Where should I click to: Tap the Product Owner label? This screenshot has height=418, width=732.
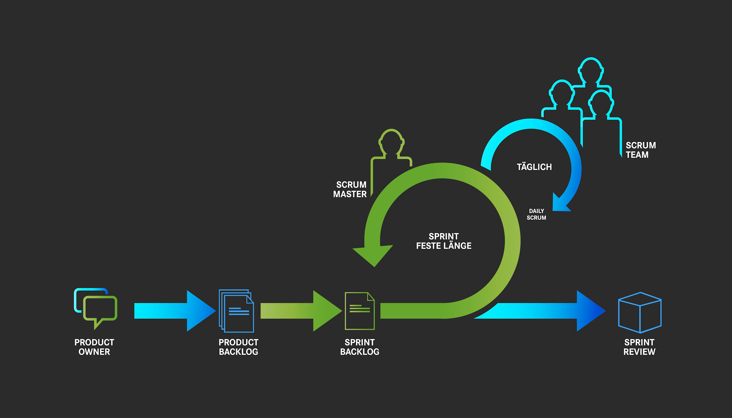tap(94, 347)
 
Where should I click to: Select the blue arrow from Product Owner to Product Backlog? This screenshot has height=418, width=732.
tap(172, 311)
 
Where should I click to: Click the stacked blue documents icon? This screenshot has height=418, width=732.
tap(236, 311)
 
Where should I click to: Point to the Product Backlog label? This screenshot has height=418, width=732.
tap(238, 347)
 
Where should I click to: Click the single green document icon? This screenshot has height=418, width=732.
tap(359, 311)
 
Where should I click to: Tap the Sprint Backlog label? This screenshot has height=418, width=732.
tap(359, 347)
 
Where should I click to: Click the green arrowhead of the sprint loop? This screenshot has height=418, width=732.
tap(373, 254)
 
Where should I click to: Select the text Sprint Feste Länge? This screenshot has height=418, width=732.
tap(444, 241)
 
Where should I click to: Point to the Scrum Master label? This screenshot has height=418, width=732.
tap(350, 189)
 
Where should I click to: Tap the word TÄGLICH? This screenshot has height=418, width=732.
tap(534, 167)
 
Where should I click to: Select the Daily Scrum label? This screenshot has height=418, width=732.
tap(536, 214)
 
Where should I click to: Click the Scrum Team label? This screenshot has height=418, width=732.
tap(640, 150)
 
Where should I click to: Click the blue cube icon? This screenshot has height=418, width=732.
tap(639, 312)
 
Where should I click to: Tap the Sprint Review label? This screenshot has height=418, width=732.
tap(639, 347)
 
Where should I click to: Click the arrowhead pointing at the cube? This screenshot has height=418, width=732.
tap(589, 311)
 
